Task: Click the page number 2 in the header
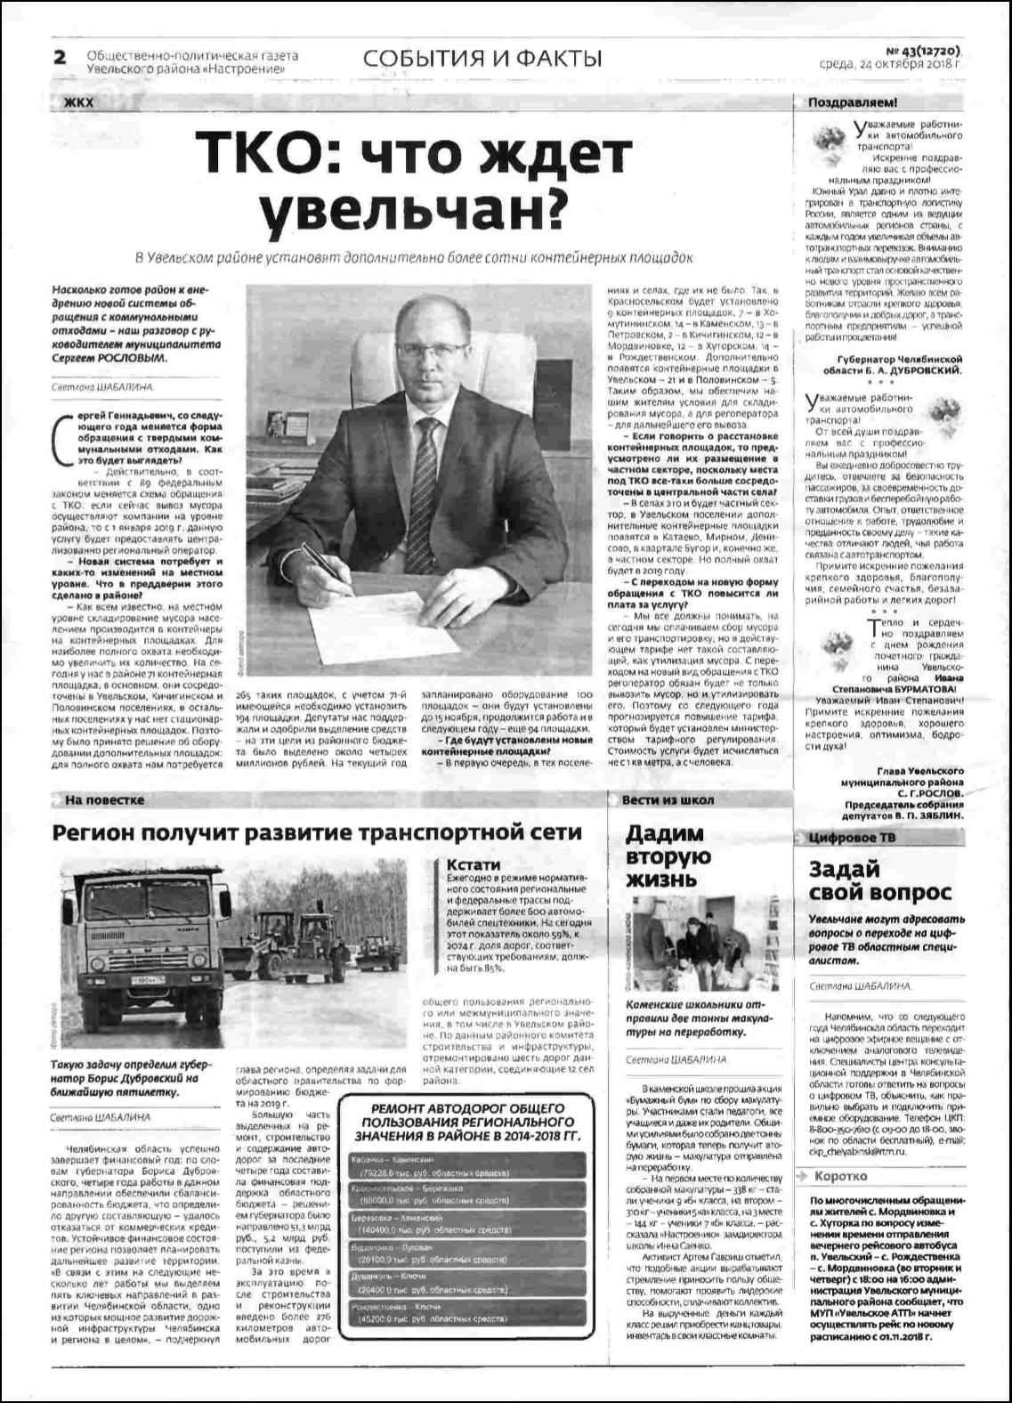(61, 58)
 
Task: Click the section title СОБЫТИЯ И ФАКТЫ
(482, 59)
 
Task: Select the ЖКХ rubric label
(78, 102)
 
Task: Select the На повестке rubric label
(104, 800)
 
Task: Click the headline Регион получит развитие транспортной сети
(317, 832)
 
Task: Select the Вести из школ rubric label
(668, 800)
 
